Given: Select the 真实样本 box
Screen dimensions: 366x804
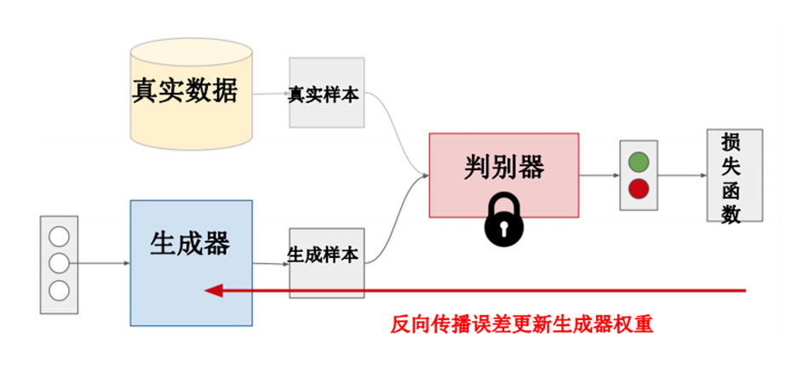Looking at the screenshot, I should pos(326,93).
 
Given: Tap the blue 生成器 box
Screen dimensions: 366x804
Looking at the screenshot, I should pos(191,262).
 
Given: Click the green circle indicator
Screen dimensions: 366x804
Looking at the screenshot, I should pos(638,161).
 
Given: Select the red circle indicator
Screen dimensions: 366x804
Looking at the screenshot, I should pos(638,188).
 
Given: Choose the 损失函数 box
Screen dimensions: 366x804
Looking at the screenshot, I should pos(733,175).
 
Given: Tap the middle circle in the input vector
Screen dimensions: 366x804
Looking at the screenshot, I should pos(59,262).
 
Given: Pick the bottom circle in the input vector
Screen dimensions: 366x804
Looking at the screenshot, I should pos(59,289).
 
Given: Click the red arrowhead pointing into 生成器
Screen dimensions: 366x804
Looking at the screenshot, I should pos(213,291).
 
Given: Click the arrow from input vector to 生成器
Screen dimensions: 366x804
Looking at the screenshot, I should pos(102,263).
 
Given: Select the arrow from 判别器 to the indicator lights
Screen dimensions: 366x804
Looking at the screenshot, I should pos(599,175).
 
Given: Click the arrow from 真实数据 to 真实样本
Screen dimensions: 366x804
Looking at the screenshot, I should pos(272,93).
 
